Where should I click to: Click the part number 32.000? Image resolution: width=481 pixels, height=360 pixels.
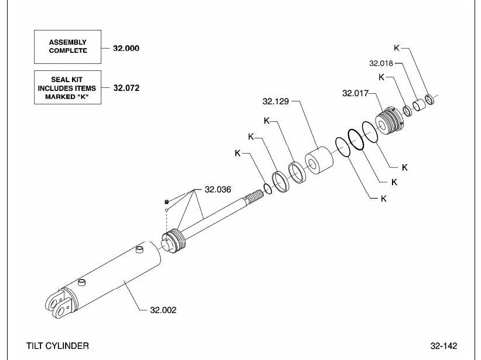126,48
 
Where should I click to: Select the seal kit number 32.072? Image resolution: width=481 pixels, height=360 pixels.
127,88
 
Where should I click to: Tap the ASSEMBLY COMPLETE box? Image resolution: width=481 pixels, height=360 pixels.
67,47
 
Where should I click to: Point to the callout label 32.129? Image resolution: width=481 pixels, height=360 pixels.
275,101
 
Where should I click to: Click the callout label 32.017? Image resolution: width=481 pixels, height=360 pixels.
355,93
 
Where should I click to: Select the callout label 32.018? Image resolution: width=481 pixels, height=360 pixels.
381,63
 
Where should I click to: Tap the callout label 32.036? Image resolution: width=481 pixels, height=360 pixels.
218,189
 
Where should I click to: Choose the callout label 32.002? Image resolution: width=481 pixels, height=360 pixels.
163,310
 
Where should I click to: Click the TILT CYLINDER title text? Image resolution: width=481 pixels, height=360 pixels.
57,346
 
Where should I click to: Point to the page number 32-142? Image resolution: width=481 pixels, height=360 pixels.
444,346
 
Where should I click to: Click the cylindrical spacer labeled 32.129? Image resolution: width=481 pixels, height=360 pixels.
319,161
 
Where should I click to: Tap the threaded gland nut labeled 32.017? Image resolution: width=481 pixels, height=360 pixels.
389,120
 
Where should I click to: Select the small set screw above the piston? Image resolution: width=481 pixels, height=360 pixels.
166,201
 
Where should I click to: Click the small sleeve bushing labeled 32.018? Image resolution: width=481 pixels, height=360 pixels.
419,105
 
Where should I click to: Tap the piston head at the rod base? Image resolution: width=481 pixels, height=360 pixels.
173,241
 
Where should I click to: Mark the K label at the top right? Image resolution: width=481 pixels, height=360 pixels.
397,48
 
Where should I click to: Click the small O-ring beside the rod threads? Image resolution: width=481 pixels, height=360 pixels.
268,189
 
